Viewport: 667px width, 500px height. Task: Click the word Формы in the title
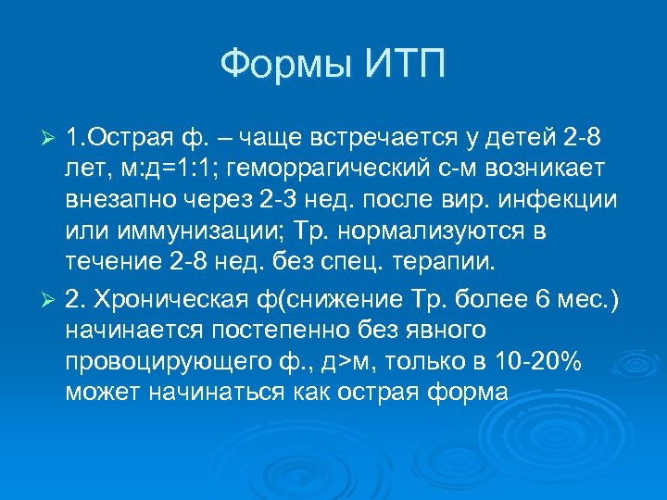click(281, 65)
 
